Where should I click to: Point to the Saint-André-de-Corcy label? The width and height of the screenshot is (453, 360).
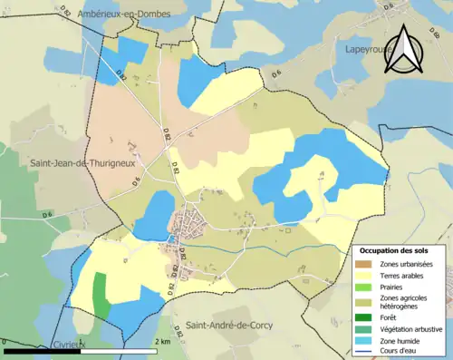(x=227, y=325)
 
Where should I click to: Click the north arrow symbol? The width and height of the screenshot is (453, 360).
(x=403, y=50)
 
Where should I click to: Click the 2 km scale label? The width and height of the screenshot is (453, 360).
(x=164, y=341)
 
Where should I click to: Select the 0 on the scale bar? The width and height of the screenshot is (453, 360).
(x=6, y=341)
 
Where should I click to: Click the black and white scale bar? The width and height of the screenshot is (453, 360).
(x=82, y=351)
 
